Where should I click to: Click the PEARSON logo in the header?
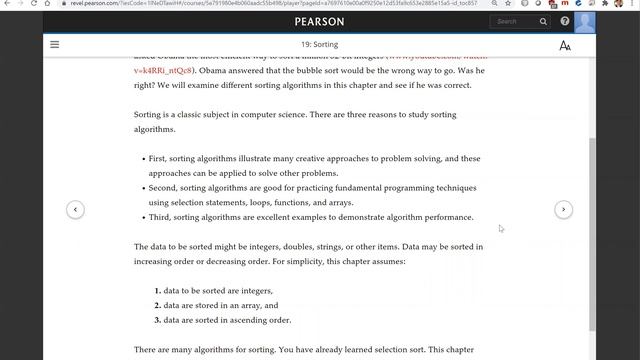tap(319, 21)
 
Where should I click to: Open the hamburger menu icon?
tap(54, 45)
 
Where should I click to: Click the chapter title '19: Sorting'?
tap(319, 45)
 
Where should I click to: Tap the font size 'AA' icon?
tap(565, 45)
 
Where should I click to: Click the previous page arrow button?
tap(75, 209)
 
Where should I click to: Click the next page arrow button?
tap(564, 209)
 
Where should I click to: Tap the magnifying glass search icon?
tap(543, 21)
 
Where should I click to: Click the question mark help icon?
tap(565, 21)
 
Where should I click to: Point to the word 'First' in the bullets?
tap(157, 159)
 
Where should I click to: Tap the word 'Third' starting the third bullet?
tap(159, 217)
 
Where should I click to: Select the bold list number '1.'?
tap(157, 290)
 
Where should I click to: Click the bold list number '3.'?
tap(157, 320)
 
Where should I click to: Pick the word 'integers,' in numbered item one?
tap(256, 290)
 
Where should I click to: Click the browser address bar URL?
tap(300, 4)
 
